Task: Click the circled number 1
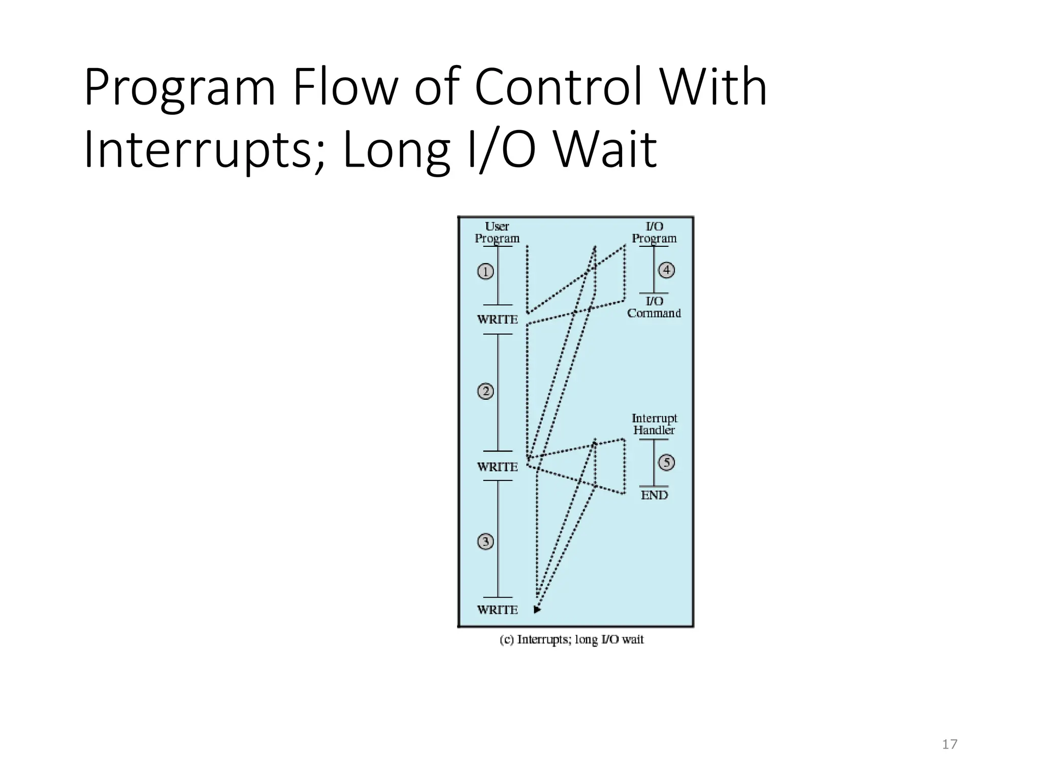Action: coord(485,272)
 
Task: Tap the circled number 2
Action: coord(485,391)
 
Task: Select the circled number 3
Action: coord(485,542)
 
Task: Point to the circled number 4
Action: coord(666,270)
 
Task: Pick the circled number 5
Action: coord(666,463)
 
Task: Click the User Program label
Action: coord(497,233)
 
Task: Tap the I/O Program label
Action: coord(654,233)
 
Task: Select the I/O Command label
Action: coord(654,307)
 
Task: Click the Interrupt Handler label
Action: coord(654,424)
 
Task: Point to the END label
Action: coord(654,495)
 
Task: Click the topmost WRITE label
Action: coord(497,320)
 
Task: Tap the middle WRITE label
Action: coord(497,467)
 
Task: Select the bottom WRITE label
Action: coord(497,610)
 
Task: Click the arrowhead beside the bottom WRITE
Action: coord(537,609)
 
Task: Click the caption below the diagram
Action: coord(572,640)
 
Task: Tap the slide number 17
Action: coord(950,744)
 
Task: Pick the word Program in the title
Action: coord(180,88)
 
